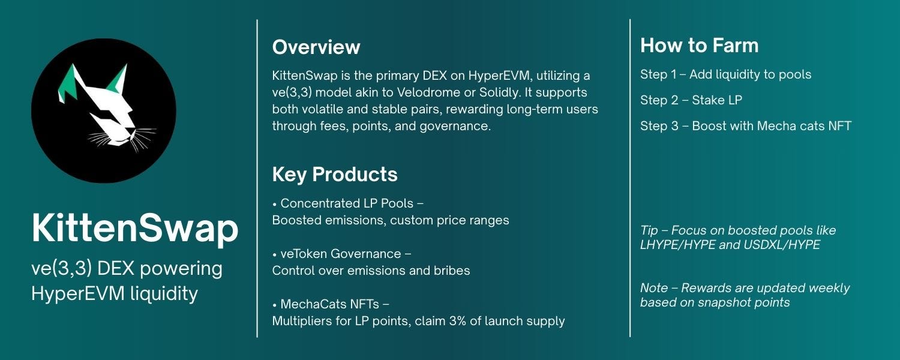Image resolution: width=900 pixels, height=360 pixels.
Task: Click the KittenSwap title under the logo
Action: pyautogui.click(x=134, y=229)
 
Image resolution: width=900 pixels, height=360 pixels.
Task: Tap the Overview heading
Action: pyautogui.click(x=316, y=47)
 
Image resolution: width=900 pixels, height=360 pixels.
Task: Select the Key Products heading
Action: pyautogui.click(x=335, y=175)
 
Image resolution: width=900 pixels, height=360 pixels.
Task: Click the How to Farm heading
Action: pyautogui.click(x=699, y=46)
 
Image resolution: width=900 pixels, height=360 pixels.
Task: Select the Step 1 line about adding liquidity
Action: pyautogui.click(x=725, y=74)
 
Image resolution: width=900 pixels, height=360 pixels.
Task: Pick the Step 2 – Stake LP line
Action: pyautogui.click(x=691, y=100)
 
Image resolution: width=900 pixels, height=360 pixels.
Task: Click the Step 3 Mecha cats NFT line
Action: pyautogui.click(x=745, y=126)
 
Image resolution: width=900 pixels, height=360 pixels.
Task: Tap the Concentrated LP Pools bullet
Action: pyautogui.click(x=352, y=203)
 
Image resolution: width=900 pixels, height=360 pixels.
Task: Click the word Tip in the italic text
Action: pyautogui.click(x=650, y=230)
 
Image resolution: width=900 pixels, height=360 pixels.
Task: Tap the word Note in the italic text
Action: pyautogui.click(x=654, y=288)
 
